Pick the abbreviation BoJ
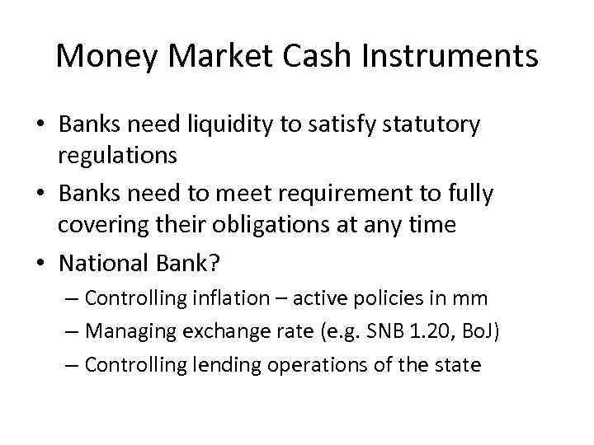tap(478, 330)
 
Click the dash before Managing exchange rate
tap(73, 330)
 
